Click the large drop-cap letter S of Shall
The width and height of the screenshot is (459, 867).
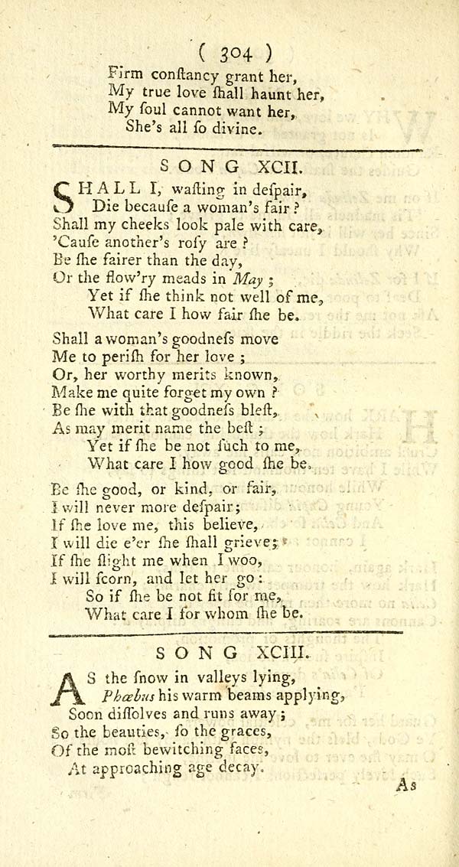pos(66,196)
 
